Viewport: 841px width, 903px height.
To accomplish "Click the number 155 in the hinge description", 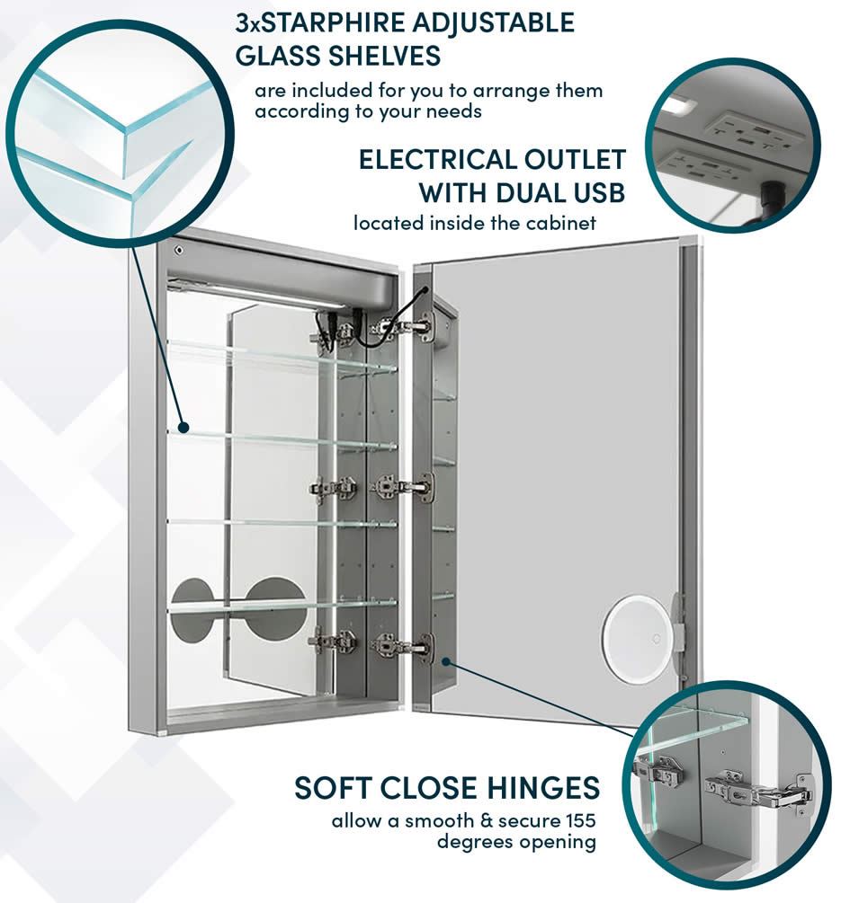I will click(x=577, y=820).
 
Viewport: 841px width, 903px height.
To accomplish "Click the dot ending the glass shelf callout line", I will click(x=183, y=425).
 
